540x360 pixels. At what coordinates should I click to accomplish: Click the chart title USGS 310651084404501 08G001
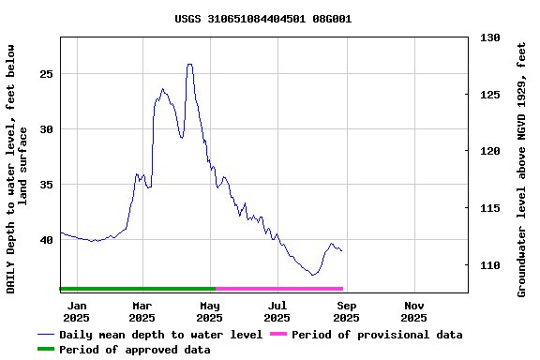(x=263, y=19)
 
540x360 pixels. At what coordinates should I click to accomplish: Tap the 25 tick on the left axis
(x=46, y=73)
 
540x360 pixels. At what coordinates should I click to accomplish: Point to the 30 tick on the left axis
(x=46, y=128)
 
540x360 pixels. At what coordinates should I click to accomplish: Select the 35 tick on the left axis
(x=46, y=185)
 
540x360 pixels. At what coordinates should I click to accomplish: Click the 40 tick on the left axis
(x=46, y=240)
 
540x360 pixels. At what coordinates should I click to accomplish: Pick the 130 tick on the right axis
(x=490, y=37)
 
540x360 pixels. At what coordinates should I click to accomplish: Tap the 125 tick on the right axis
(x=490, y=95)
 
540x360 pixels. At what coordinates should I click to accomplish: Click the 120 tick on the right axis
(x=490, y=151)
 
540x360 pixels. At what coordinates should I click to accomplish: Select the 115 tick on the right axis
(x=490, y=208)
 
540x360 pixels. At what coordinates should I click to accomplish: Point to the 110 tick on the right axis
(x=490, y=265)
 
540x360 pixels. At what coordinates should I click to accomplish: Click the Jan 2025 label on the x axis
(x=77, y=311)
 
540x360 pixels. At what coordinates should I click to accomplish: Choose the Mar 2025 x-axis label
(x=142, y=311)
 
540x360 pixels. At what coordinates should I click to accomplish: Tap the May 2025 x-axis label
(x=210, y=311)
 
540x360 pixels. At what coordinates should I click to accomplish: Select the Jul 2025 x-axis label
(x=277, y=311)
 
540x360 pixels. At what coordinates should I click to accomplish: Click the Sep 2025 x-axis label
(x=346, y=311)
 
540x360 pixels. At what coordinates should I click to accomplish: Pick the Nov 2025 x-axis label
(x=413, y=311)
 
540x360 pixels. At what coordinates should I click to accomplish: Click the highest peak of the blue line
(x=189, y=65)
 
